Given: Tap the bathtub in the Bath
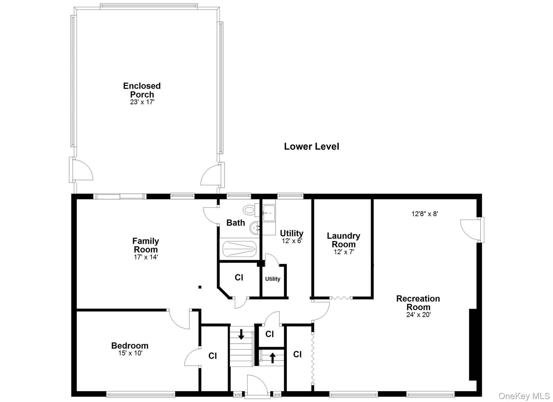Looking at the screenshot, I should [x=239, y=249].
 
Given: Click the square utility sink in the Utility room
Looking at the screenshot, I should [x=269, y=213].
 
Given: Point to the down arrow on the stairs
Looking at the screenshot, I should [x=241, y=334].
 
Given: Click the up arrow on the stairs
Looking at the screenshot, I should [x=272, y=358].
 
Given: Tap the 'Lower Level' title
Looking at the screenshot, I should [x=311, y=147].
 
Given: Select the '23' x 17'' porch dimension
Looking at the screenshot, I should [x=142, y=102].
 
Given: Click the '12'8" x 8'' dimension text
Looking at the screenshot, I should [x=424, y=214].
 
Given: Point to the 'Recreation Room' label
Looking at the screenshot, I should [x=418, y=303].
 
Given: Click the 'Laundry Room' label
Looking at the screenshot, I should [x=343, y=240].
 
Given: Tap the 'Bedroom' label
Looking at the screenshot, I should [x=130, y=346].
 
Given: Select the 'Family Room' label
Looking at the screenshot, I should [x=146, y=245].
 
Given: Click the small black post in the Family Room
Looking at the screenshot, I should [x=200, y=287].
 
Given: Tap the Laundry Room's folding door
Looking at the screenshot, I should [x=341, y=298].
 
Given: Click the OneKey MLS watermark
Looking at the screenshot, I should [x=524, y=396].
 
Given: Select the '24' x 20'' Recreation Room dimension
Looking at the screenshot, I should [x=418, y=315].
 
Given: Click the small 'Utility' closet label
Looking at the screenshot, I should [x=272, y=279].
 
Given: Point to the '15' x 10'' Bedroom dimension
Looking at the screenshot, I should [x=130, y=353].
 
